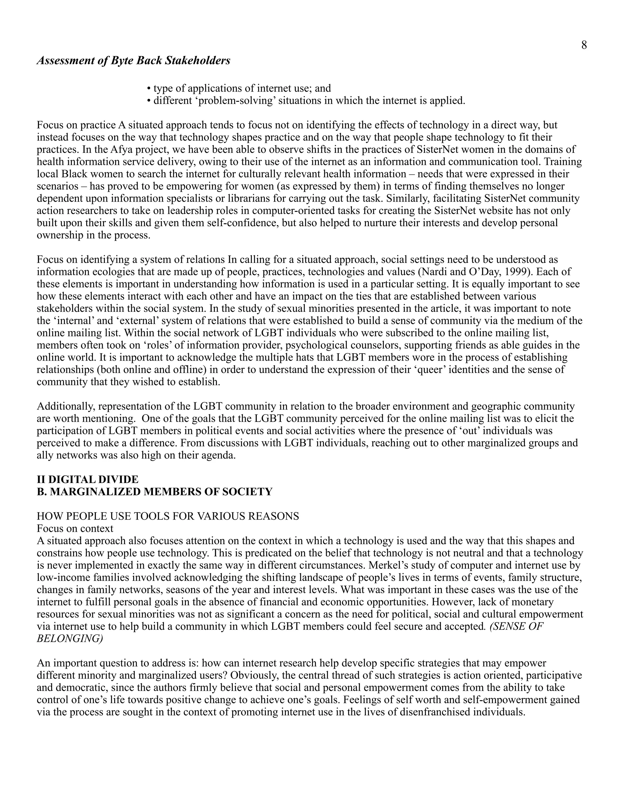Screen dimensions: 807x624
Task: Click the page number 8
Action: (584, 45)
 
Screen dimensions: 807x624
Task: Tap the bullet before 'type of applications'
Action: (149, 89)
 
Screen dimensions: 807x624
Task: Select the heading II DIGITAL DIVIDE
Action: (88, 480)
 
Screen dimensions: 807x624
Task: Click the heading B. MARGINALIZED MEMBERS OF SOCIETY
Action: (154, 492)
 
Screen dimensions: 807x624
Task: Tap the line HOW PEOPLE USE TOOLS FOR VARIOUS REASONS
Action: (168, 516)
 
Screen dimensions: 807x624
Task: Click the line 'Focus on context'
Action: (75, 528)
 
